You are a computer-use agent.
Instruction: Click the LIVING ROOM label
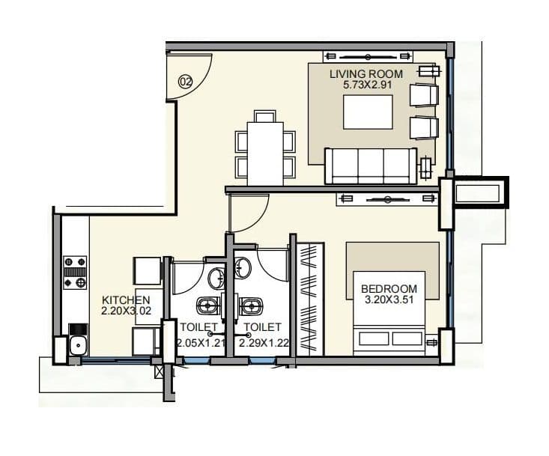(x=366, y=74)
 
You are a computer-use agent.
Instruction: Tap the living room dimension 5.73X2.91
(x=366, y=85)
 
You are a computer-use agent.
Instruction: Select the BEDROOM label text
(x=389, y=289)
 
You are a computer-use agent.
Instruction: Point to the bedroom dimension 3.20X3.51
(x=389, y=300)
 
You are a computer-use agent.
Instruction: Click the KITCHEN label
(x=121, y=300)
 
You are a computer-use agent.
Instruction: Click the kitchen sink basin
(x=76, y=345)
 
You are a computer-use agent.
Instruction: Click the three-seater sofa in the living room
(x=370, y=165)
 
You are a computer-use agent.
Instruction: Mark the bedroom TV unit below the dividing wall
(x=386, y=198)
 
